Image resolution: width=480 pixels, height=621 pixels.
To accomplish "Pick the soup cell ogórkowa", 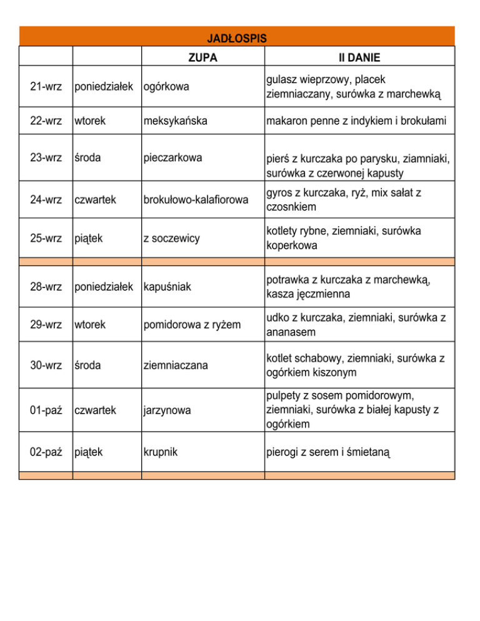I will [x=166, y=87].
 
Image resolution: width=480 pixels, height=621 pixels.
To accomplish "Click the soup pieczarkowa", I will [x=173, y=158].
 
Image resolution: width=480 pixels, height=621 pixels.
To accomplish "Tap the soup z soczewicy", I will [x=172, y=239].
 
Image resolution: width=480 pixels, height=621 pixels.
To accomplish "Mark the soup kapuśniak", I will [x=169, y=286].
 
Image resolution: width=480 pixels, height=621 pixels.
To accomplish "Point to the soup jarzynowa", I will [x=166, y=410].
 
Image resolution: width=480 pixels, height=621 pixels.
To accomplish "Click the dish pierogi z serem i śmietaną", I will [x=329, y=450].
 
